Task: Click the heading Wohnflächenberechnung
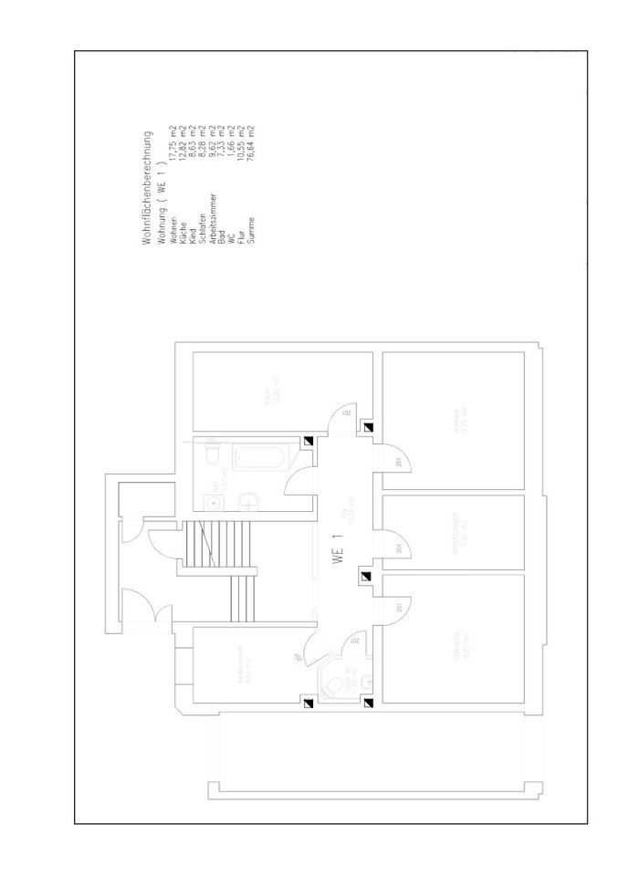click(x=146, y=187)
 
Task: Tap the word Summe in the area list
click(x=251, y=222)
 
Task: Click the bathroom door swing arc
click(x=299, y=481)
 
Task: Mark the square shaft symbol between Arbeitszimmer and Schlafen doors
click(x=367, y=577)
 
